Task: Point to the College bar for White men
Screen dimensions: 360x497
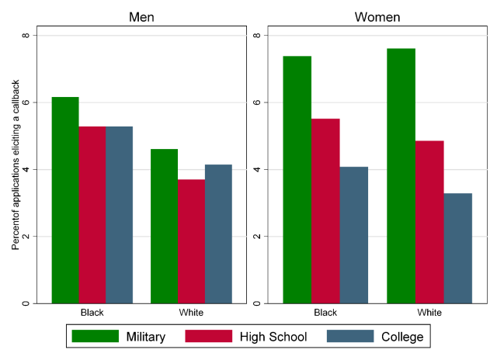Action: (x=218, y=234)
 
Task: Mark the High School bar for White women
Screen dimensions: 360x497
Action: (x=429, y=222)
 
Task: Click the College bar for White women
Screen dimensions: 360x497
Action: (x=457, y=248)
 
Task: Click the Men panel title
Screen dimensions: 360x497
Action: (x=141, y=17)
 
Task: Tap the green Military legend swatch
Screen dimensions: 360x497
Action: (x=95, y=336)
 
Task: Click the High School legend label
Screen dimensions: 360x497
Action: (x=274, y=337)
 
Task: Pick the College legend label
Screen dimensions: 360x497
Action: (x=402, y=337)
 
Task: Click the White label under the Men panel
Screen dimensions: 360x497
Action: (x=191, y=313)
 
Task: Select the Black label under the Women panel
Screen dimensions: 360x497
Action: (x=325, y=313)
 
